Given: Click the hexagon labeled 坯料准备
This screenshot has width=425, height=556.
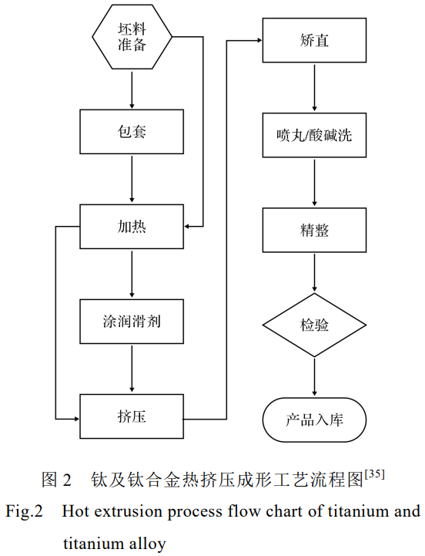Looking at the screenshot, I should click(x=132, y=36).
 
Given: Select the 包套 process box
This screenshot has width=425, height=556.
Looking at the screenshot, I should click(x=132, y=131).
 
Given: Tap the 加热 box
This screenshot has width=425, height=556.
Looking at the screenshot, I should click(x=132, y=227).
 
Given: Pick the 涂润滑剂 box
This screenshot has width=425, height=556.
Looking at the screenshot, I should click(x=132, y=322).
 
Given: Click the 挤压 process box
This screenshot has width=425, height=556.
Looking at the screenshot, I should click(x=132, y=417).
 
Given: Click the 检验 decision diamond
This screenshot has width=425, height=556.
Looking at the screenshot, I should click(x=314, y=325).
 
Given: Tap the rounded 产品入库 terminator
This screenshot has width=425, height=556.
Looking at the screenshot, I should click(x=314, y=420).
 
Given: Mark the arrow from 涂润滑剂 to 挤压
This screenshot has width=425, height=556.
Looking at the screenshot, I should click(x=132, y=369).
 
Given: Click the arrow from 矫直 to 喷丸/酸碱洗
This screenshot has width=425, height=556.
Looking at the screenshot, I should click(x=314, y=88).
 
